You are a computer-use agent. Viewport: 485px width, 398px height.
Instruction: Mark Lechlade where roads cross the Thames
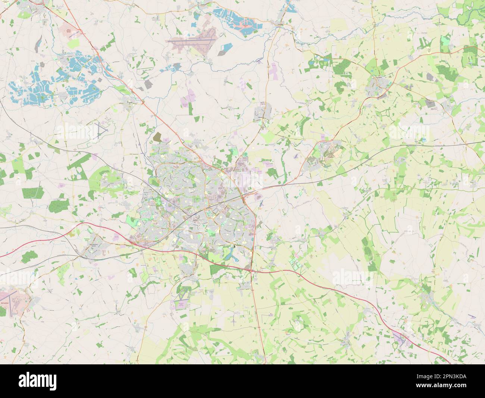pos(281,25)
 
